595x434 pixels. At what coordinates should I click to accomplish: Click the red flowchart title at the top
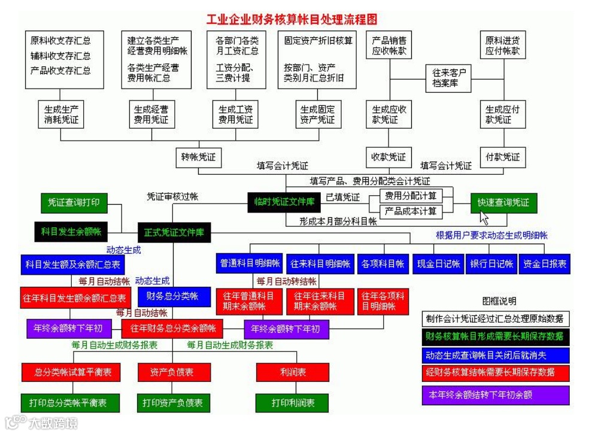click(x=292, y=20)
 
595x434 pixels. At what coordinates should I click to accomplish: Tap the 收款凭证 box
click(x=388, y=157)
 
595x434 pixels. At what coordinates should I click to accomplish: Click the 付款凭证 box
click(x=502, y=157)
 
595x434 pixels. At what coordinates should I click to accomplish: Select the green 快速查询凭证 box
click(x=503, y=202)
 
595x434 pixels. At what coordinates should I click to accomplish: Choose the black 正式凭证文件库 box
click(x=174, y=232)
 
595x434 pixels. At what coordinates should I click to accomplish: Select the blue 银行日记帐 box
click(x=491, y=263)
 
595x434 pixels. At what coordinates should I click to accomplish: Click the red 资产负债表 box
click(x=172, y=372)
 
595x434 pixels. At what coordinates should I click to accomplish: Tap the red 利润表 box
click(x=293, y=372)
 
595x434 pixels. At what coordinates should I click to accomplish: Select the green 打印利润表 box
click(x=293, y=403)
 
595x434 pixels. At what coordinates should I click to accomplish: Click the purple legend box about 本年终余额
click(x=496, y=395)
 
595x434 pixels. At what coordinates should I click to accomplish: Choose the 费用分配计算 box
click(x=410, y=196)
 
